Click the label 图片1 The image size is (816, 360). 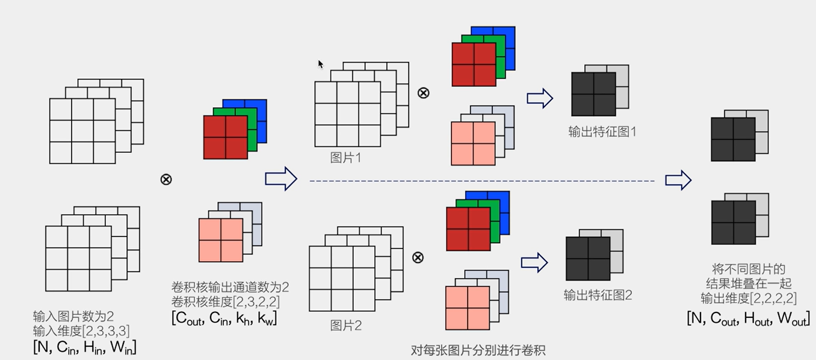[x=346, y=158]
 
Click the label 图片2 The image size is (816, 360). [x=346, y=326]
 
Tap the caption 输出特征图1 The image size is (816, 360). [x=602, y=131]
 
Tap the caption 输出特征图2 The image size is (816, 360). [x=598, y=295]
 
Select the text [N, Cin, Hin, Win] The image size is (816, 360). [x=84, y=347]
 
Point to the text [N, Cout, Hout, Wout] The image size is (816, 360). [x=747, y=318]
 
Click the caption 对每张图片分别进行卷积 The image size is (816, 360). [x=478, y=350]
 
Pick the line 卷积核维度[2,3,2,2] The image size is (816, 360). [x=225, y=300]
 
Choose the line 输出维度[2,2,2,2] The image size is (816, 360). [x=749, y=298]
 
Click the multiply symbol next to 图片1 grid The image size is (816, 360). [x=424, y=93]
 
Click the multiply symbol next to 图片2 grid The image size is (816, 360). [x=418, y=258]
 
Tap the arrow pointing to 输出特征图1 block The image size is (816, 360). [x=539, y=98]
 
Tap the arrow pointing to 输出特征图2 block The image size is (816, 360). [x=534, y=262]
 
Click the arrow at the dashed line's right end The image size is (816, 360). [x=678, y=179]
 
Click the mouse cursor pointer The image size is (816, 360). [x=321, y=64]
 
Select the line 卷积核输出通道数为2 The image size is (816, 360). [x=230, y=286]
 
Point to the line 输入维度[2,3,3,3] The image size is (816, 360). [x=81, y=331]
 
